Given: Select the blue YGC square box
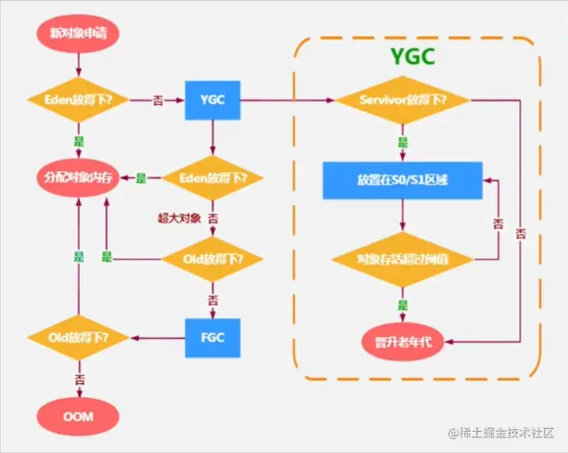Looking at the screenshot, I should (x=211, y=100).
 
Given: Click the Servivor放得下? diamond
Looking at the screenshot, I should (x=402, y=100).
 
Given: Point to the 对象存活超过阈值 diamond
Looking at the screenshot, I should (x=402, y=258).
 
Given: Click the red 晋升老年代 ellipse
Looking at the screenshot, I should (x=402, y=340).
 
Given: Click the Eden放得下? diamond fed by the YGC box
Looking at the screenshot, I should (x=211, y=178).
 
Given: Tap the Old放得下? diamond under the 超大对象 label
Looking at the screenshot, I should (x=211, y=258).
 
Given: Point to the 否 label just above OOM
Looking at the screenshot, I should (x=79, y=378).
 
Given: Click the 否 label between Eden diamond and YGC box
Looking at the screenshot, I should (x=157, y=100).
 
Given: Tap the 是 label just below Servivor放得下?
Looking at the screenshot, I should (x=402, y=142).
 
